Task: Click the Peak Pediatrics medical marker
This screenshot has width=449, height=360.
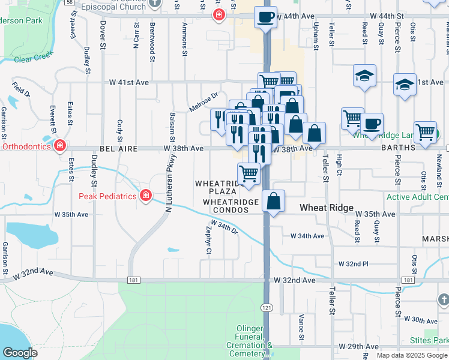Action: [145, 195]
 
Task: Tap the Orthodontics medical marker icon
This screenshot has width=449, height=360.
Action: [59, 146]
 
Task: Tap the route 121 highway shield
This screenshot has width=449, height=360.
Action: [265, 307]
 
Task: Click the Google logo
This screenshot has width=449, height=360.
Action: [20, 353]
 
